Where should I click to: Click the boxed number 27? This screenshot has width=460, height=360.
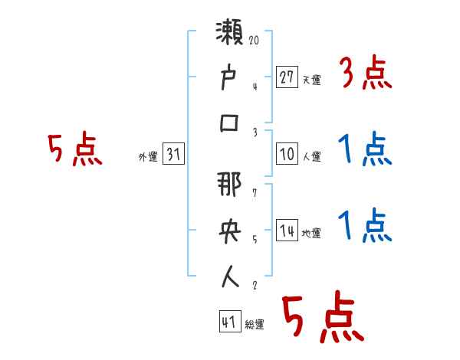(x=286, y=78)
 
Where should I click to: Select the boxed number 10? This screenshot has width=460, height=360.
(x=286, y=155)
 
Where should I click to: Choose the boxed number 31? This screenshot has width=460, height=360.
(x=173, y=155)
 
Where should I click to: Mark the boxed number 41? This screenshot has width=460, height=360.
(x=228, y=322)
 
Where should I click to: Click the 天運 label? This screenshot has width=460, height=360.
(x=311, y=80)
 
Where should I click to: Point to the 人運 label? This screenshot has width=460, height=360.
(x=311, y=157)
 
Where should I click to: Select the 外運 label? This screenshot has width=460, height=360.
(x=147, y=157)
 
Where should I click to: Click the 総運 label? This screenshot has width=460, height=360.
(x=255, y=324)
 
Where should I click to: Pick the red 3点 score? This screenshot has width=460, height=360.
(x=365, y=74)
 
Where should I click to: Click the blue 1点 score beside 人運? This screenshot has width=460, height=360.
(x=365, y=149)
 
